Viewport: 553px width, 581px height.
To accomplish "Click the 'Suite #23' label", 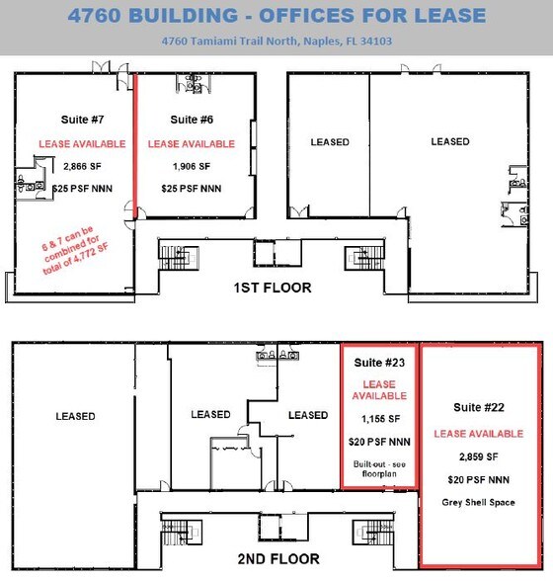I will click(x=379, y=361).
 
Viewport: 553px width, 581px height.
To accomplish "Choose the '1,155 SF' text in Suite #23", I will click(x=379, y=420).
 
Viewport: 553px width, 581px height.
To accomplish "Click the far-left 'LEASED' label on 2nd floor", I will click(x=75, y=416).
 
